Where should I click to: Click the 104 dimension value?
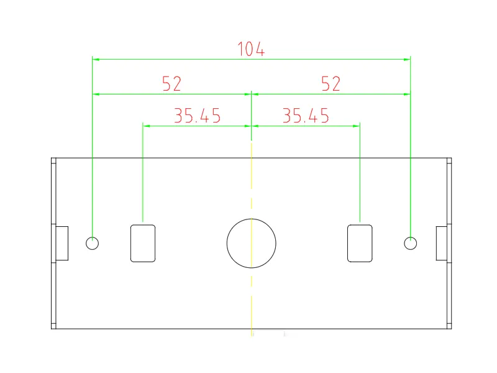click(x=251, y=49)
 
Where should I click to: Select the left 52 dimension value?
click(x=171, y=84)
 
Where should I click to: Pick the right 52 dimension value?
click(x=331, y=84)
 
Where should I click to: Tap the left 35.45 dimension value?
click(x=197, y=116)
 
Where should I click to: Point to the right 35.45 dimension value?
click(x=305, y=116)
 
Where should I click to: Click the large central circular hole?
click(x=251, y=243)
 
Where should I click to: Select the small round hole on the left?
click(x=92, y=243)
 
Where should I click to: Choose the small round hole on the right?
click(x=410, y=243)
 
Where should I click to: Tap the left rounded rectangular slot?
click(x=143, y=243)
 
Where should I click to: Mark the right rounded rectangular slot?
click(x=360, y=243)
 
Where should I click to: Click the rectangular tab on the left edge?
click(x=62, y=243)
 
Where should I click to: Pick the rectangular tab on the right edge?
click(x=440, y=243)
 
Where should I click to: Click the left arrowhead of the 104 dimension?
click(x=95, y=59)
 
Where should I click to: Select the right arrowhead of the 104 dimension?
click(x=408, y=59)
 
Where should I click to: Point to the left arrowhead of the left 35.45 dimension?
click(x=145, y=126)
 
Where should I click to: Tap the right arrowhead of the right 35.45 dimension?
click(x=357, y=126)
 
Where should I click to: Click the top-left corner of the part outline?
click(x=51, y=158)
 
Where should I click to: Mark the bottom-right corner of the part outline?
click(x=452, y=329)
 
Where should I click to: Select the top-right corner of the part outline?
click(x=452, y=158)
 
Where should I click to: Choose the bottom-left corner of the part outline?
click(x=51, y=329)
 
